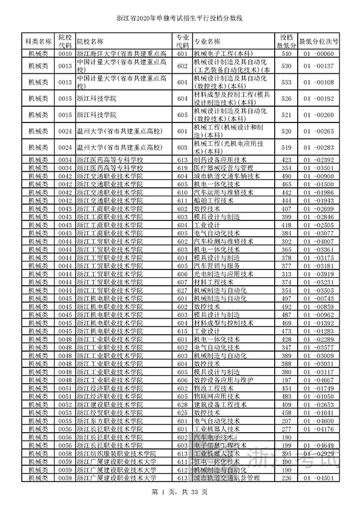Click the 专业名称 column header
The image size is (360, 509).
[207, 41]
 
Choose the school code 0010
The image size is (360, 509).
[65, 53]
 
